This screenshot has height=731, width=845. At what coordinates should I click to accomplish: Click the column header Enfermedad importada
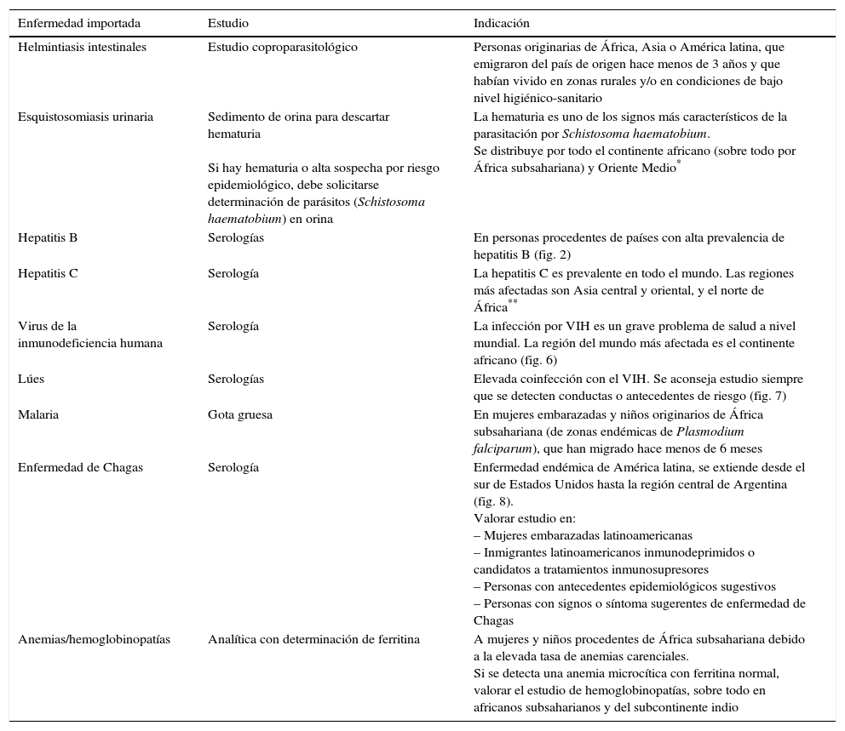click(79, 23)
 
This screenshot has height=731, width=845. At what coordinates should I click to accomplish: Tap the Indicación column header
click(502, 23)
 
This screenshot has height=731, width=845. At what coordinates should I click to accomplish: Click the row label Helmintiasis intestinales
click(82, 48)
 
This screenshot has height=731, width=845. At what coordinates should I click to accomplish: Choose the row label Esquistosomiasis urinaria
click(85, 117)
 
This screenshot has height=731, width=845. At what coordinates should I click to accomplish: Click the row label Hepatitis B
click(48, 238)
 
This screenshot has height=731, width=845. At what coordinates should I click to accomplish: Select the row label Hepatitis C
click(48, 274)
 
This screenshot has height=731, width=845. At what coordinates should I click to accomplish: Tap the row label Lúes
click(32, 379)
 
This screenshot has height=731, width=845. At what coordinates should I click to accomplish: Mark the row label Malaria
click(38, 414)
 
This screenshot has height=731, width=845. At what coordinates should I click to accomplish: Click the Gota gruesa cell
click(240, 414)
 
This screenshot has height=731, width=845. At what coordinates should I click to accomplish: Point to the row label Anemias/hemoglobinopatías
click(94, 639)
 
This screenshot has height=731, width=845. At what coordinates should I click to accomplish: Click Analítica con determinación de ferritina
click(313, 639)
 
